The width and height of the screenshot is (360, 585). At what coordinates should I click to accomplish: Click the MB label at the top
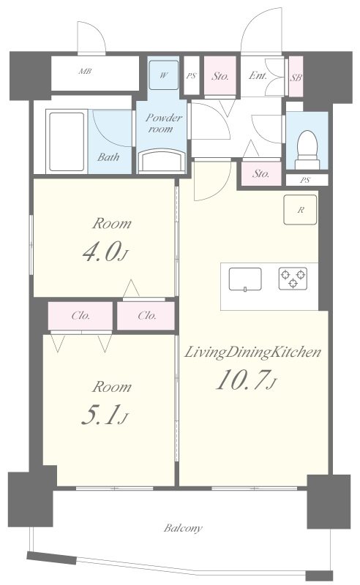[85, 71]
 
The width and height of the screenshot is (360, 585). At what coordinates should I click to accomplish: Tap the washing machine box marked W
[164, 75]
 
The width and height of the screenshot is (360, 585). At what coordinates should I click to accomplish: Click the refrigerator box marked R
[300, 210]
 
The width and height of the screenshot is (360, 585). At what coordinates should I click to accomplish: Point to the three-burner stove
[293, 279]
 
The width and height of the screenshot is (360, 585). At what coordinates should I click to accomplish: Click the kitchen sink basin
[245, 279]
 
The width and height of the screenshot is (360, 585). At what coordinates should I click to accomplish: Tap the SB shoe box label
[296, 78]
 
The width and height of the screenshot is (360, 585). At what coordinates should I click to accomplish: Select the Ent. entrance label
[258, 76]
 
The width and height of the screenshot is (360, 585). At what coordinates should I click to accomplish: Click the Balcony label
[183, 528]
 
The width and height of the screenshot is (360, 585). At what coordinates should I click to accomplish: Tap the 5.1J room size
[105, 415]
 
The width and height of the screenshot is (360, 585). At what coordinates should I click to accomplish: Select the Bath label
[108, 157]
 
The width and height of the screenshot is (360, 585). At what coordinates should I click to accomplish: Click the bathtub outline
[67, 142]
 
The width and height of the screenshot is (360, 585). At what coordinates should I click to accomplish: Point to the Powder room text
[163, 123]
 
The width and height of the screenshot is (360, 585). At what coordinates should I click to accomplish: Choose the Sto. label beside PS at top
[220, 77]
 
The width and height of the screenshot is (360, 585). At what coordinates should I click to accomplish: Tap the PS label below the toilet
[305, 180]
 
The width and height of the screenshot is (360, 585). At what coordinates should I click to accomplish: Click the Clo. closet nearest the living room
[146, 316]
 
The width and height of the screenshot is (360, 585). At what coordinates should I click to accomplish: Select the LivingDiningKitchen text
[253, 352]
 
